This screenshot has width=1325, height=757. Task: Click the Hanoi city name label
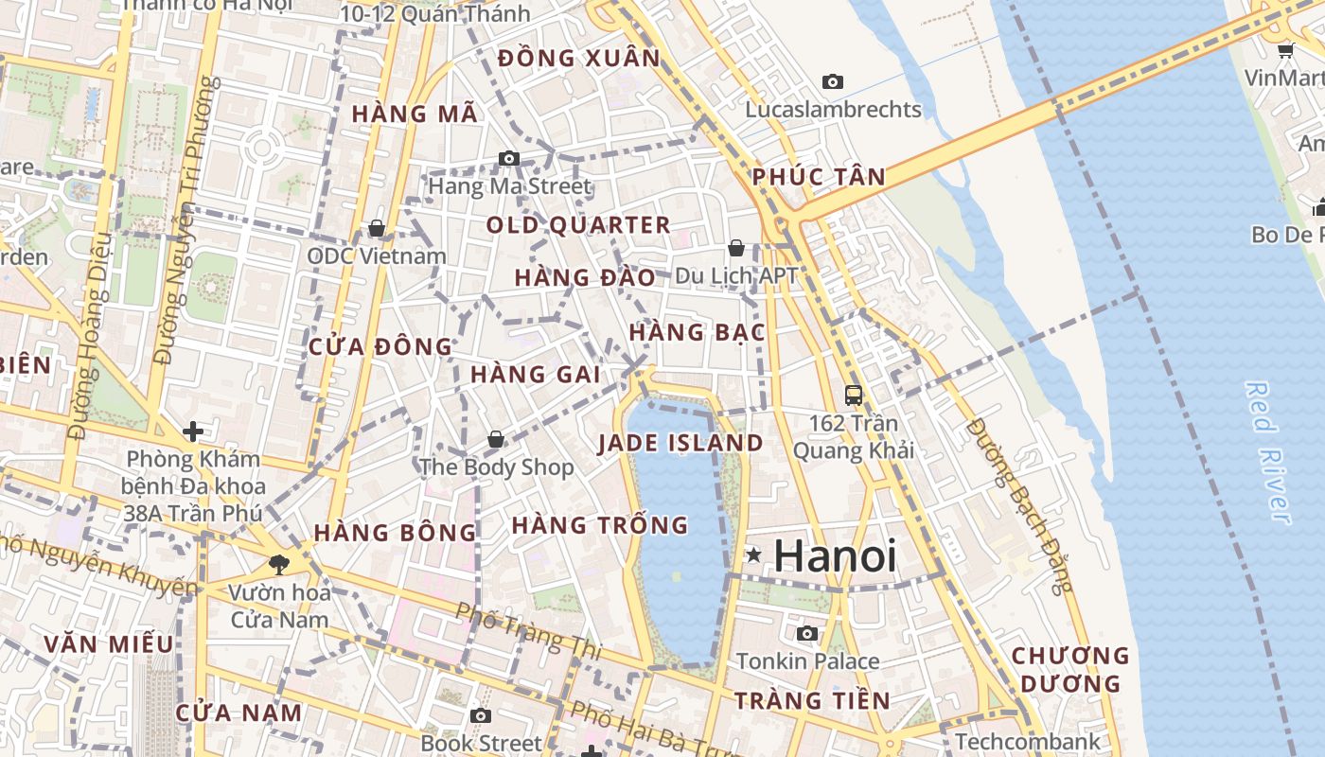pos(835,555)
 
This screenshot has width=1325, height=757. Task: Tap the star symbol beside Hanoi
pos(753,555)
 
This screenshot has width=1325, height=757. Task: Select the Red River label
pos(1268,452)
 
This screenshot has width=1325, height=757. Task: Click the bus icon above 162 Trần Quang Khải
pos(854,396)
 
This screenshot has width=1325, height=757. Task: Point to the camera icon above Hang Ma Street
pos(509,158)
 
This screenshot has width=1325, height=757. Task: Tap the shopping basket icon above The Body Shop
pos(495,439)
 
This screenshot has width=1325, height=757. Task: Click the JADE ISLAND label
pos(680,443)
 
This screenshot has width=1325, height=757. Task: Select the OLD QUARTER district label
pos(578,225)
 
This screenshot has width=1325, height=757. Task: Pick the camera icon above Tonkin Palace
pos(807,633)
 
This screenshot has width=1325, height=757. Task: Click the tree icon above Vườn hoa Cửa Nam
pos(279,565)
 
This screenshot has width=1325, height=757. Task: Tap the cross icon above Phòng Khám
pos(193,431)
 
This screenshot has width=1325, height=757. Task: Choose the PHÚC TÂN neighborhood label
pos(819,177)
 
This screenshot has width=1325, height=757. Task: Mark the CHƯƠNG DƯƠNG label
pos(1070,669)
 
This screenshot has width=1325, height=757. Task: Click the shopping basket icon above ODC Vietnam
pos(376,228)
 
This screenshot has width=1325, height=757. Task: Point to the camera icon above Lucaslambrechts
pos(833,82)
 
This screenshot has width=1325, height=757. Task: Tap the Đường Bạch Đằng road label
pos(1021,505)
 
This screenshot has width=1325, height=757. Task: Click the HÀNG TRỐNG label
pos(600,525)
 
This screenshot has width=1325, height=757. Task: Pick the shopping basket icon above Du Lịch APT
pos(736,248)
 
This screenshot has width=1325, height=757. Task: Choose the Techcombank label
pos(1028,741)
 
